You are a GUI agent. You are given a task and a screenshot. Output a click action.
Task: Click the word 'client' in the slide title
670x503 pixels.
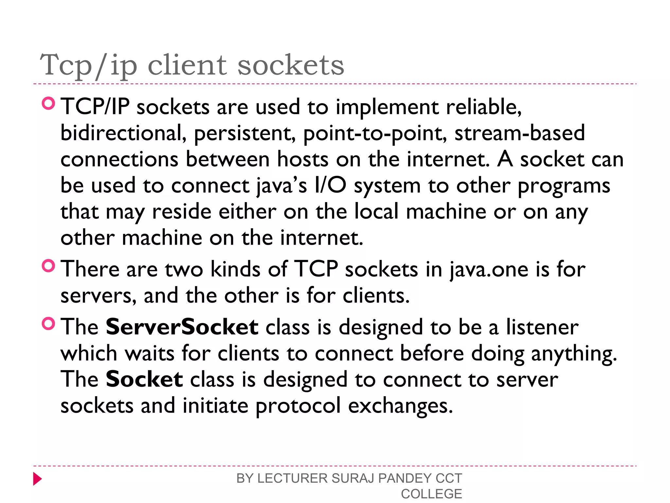pyautogui.click(x=187, y=65)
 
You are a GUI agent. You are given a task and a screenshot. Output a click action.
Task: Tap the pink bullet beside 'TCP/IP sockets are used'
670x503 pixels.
pyautogui.click(x=48, y=103)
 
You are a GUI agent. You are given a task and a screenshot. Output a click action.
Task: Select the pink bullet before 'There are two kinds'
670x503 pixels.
pyautogui.click(x=48, y=266)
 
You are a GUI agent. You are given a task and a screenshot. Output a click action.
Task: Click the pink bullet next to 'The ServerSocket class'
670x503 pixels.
pyautogui.click(x=48, y=324)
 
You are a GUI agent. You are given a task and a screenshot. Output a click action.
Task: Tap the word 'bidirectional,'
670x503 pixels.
pyautogui.click(x=123, y=133)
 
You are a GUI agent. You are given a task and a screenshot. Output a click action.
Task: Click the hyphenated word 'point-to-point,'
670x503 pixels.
pyautogui.click(x=375, y=134)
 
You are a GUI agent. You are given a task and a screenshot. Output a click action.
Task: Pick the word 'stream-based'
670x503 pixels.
pyautogui.click(x=520, y=133)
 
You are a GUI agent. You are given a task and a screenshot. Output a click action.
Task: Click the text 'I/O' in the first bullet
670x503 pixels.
pyautogui.click(x=330, y=186)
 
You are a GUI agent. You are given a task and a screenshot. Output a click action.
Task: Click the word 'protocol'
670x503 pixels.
pyautogui.click(x=298, y=406)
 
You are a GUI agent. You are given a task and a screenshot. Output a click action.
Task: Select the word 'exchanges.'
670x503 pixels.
pyautogui.click(x=400, y=406)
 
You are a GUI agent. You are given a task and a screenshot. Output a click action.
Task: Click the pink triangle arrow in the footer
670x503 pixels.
pyautogui.click(x=37, y=479)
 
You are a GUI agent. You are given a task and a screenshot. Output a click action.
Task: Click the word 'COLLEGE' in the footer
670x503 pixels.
pyautogui.click(x=431, y=494)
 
